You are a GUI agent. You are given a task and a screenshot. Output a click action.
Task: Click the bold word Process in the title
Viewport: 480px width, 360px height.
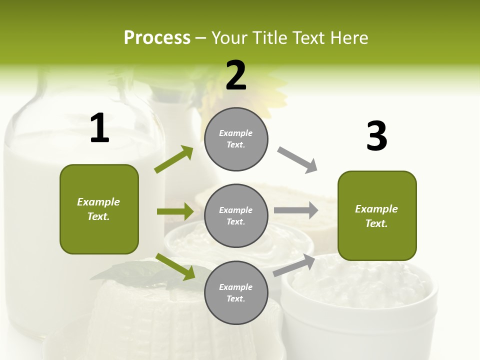157,38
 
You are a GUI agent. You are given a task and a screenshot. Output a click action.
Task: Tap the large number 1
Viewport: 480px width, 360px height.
99,128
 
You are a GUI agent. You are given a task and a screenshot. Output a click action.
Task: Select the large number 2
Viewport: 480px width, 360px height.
236,75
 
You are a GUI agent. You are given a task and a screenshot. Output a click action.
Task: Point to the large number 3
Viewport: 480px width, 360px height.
376,136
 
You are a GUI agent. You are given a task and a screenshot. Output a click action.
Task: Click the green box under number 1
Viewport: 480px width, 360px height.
99,209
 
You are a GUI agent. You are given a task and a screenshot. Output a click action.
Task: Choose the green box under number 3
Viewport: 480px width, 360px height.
377,215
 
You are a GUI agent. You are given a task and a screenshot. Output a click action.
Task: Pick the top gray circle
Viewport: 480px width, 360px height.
236,139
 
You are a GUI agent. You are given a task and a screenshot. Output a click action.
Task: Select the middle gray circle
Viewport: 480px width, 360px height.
236,215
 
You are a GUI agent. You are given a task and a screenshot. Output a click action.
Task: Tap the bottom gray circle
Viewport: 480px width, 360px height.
236,292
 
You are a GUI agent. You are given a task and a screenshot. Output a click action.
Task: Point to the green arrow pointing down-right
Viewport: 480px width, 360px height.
175,266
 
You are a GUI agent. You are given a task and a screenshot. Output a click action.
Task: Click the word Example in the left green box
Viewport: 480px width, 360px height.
98,202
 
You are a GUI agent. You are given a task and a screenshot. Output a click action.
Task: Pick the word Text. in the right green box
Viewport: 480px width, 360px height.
376,223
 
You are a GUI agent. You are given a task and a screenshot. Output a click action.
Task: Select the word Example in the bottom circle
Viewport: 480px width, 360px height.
236,287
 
